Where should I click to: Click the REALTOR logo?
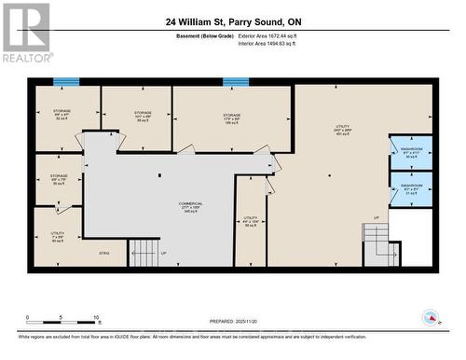[25, 32]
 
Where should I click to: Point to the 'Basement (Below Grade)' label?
[206, 35]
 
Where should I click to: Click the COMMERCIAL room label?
[190, 205]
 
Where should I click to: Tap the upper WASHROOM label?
[411, 150]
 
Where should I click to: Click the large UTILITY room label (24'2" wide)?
[342, 127]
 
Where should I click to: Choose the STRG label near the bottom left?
[104, 253]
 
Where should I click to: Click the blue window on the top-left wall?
[66, 82]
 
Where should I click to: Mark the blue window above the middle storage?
[235, 82]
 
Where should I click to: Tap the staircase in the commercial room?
[144, 252]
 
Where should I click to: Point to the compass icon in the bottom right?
[430, 318]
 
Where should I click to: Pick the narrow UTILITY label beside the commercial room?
[250, 220]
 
